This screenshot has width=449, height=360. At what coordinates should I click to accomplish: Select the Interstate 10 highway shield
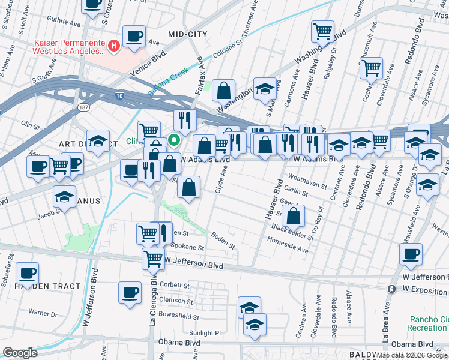pyautogui.click(x=121, y=95)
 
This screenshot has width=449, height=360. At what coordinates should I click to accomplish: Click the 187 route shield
pyautogui.click(x=83, y=107)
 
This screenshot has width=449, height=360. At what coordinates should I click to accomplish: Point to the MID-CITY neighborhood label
pyautogui.click(x=188, y=34)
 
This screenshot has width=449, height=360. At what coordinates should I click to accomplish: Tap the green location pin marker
pyautogui.click(x=174, y=141)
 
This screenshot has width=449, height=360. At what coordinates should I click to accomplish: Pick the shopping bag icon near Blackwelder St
pyautogui.click(x=293, y=215)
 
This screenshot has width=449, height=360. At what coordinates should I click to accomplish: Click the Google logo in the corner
pyautogui.click(x=20, y=352)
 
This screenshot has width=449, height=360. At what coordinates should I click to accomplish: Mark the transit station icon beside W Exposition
pyautogui.click(x=391, y=289)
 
